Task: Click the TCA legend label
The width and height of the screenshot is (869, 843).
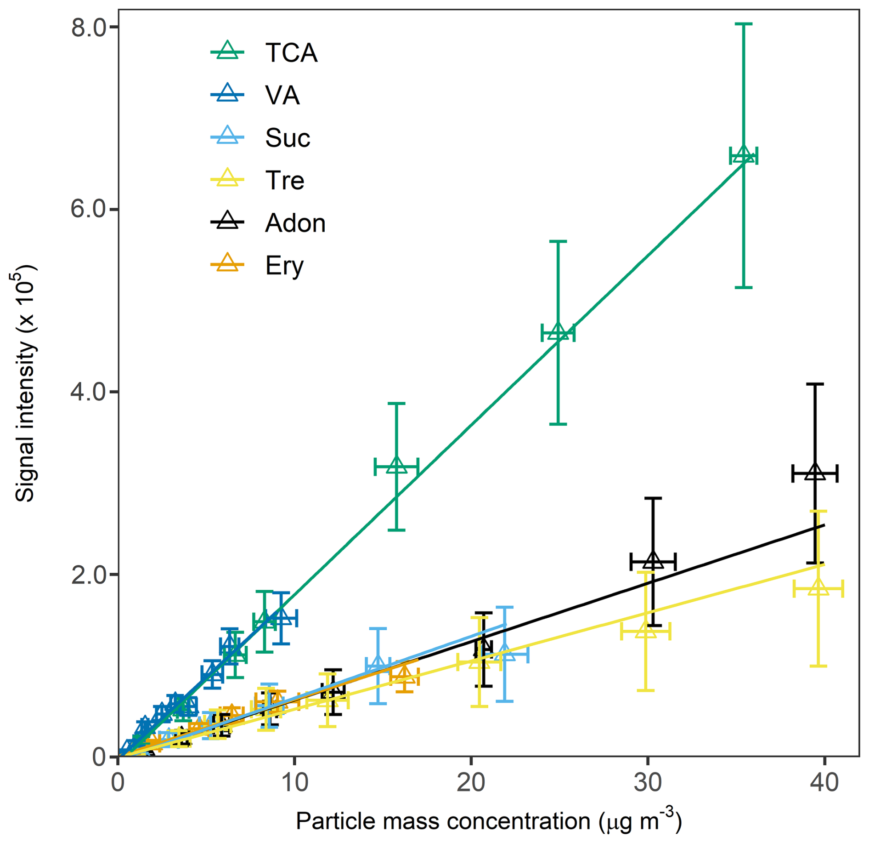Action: pyautogui.click(x=291, y=53)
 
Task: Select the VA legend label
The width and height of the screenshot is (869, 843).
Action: pyautogui.click(x=282, y=96)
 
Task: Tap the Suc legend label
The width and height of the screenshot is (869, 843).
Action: pyautogui.click(x=288, y=138)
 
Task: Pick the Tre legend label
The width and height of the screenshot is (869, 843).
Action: pyautogui.click(x=284, y=180)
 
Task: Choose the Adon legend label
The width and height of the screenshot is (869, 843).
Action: pyautogui.click(x=295, y=223)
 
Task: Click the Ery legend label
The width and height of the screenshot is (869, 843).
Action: pyautogui.click(x=284, y=266)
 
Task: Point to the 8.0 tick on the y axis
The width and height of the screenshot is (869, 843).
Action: pyautogui.click(x=88, y=28)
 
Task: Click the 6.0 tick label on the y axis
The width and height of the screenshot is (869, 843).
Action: pyautogui.click(x=88, y=209)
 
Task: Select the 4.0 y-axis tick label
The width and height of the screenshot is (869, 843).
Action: pyautogui.click(x=88, y=392)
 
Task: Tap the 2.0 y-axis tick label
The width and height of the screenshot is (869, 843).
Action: pyautogui.click(x=88, y=575)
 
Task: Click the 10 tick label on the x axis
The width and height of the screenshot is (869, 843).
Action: pyautogui.click(x=294, y=782)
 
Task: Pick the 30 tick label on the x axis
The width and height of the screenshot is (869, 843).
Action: pyautogui.click(x=647, y=782)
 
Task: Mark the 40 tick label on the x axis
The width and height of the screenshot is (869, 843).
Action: pyautogui.click(x=824, y=782)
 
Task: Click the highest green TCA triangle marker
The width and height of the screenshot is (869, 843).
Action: pyautogui.click(x=743, y=155)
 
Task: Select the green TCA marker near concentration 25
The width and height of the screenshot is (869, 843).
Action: pyautogui.click(x=558, y=332)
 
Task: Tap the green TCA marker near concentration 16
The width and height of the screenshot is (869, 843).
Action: pyautogui.click(x=396, y=467)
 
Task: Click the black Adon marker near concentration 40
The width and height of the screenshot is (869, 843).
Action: pyautogui.click(x=815, y=472)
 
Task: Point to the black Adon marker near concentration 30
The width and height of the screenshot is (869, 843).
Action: pyautogui.click(x=653, y=560)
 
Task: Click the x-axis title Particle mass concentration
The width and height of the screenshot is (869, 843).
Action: pyautogui.click(x=488, y=821)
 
